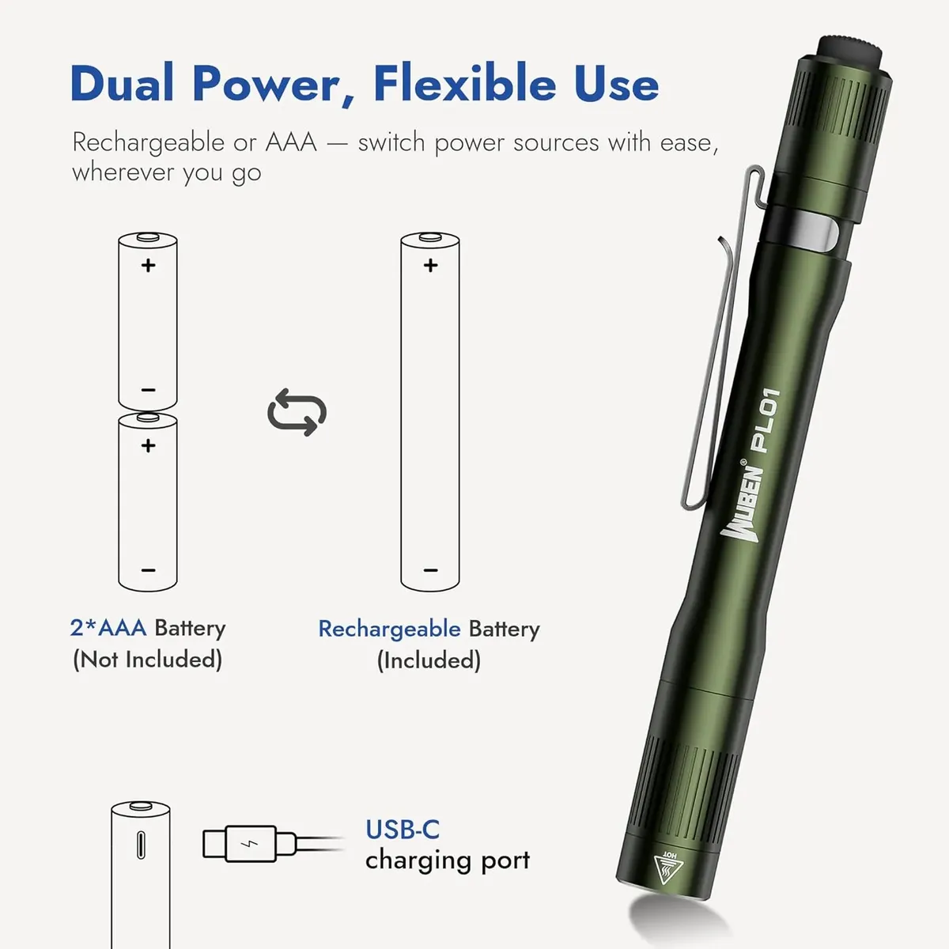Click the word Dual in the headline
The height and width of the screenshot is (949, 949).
tap(122, 83)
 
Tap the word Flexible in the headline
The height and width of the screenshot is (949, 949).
tap(465, 83)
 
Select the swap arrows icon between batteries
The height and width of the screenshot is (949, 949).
tap(297, 412)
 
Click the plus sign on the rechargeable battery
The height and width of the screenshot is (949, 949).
tap(430, 266)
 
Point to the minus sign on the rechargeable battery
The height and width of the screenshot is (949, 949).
tap(430, 570)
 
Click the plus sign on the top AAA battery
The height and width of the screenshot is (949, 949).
tap(148, 266)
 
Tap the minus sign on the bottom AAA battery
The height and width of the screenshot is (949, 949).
tap(148, 570)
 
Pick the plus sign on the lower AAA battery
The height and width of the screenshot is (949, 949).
tap(148, 446)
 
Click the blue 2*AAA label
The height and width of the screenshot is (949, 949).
tap(108, 628)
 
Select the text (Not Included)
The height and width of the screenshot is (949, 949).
tap(148, 660)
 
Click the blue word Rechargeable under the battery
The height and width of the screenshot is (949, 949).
tap(390, 630)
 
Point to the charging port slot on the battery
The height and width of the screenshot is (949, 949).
tap(141, 845)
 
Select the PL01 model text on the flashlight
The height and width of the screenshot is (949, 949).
tap(765, 420)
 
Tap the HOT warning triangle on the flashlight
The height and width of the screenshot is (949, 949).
tap(667, 868)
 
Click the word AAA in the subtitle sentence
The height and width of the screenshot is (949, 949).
tap(291, 142)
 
